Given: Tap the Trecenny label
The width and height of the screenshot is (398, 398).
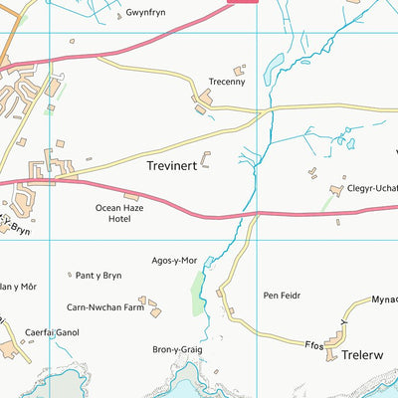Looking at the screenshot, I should pyautogui.click(x=226, y=83).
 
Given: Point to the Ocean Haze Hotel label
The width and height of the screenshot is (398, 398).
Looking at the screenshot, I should pyautogui.click(x=119, y=213).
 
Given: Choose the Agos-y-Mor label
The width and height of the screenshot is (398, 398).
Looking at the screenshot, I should pyautogui.click(x=175, y=261).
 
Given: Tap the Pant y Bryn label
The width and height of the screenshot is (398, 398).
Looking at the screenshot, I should pyautogui.click(x=99, y=275).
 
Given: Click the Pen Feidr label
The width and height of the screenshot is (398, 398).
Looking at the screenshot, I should pyautogui.click(x=282, y=296).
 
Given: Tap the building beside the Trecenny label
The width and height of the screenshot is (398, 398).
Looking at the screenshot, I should pyautogui.click(x=239, y=71).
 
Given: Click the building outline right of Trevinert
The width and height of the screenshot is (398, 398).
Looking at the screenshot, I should pyautogui.click(x=207, y=158).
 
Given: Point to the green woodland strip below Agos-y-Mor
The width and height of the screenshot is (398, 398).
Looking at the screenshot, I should pyautogui.click(x=198, y=290).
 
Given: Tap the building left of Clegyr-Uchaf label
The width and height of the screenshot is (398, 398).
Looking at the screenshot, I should pyautogui.click(x=335, y=188).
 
